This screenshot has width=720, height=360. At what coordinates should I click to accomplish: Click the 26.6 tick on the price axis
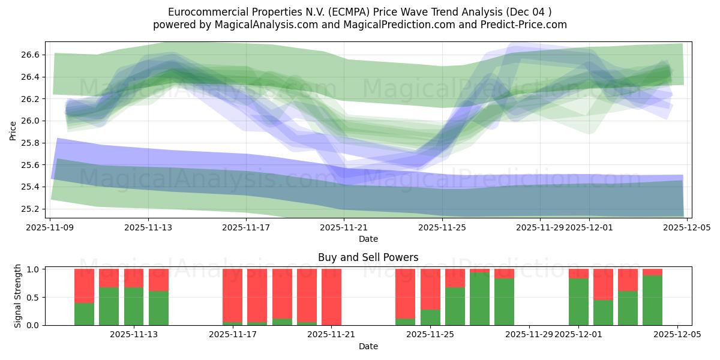coord(31,55)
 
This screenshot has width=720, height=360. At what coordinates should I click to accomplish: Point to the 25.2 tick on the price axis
coord(31,209)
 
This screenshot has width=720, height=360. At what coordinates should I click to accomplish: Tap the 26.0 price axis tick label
coord(31,121)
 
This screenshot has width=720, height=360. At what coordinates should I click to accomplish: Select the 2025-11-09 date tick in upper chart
coord(51,227)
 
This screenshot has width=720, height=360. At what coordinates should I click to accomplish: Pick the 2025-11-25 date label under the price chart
coord(442,227)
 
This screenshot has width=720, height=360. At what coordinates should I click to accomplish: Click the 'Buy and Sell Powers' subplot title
coord(368,257)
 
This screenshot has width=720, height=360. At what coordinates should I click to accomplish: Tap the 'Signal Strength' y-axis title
coord(18,296)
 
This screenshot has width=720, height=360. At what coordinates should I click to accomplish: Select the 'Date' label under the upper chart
coord(368,239)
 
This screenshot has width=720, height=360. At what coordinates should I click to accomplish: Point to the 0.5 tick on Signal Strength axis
coord(33,297)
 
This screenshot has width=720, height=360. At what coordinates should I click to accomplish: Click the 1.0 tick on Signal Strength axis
coord(33,269)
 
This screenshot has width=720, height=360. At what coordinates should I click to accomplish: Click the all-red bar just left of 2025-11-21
coord(331,297)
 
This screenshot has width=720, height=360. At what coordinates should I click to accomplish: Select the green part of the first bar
coord(84,314)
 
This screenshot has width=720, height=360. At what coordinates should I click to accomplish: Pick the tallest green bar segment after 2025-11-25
coord(479,299)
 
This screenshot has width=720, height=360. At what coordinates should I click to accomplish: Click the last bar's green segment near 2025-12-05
coord(652,300)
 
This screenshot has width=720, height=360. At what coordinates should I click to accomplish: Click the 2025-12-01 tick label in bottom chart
coord(578,335)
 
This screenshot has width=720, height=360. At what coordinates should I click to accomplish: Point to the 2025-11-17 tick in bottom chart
coord(233,335)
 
